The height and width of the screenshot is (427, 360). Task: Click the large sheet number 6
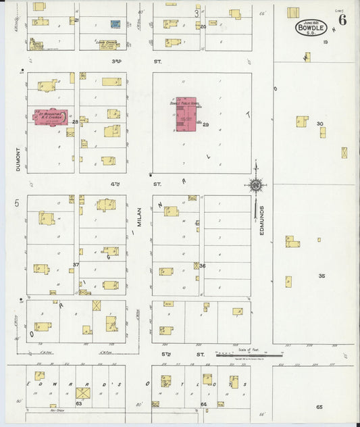pyautogui.click(x=343, y=20)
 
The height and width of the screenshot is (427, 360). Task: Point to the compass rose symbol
pyautogui.click(x=255, y=184)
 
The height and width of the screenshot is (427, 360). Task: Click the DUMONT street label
pyautogui.click(x=19, y=158)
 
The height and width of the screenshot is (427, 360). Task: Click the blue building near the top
pyautogui.click(x=115, y=24)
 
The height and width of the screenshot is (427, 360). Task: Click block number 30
pyautogui.click(x=320, y=124)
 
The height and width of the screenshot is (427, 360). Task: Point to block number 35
pyautogui.click(x=322, y=276)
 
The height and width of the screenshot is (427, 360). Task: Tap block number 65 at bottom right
pyautogui.click(x=319, y=407)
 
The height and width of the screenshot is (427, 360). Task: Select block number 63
pyautogui.click(x=78, y=403)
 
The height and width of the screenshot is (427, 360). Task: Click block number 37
pyautogui.click(x=76, y=264)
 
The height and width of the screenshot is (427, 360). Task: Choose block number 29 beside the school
pyautogui.click(x=206, y=125)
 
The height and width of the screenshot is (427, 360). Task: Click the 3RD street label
pyautogui.click(x=116, y=61)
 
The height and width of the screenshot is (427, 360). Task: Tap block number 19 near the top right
pyautogui.click(x=325, y=42)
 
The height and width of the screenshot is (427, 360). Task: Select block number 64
pyautogui.click(x=203, y=404)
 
